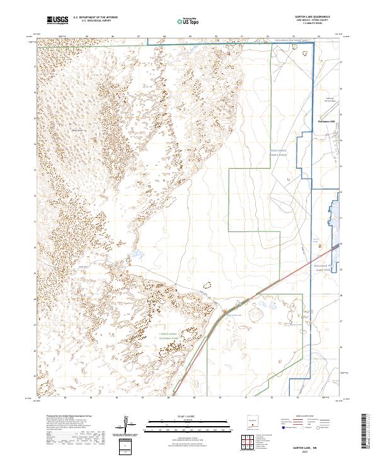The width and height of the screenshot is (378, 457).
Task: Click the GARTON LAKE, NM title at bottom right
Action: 301,445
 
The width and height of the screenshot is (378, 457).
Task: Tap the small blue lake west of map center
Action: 134,257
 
